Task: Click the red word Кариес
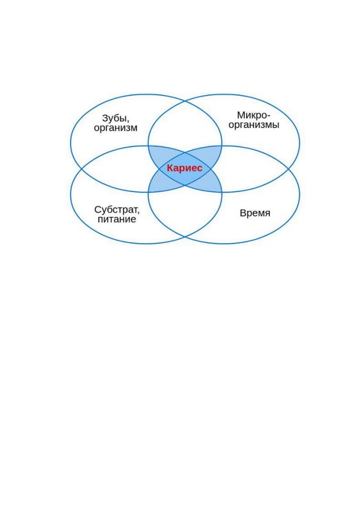(x=184, y=168)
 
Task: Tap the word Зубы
(x=115, y=118)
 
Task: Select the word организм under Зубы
(x=116, y=128)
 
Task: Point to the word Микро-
(x=254, y=115)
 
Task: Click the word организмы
(x=254, y=124)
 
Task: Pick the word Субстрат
(x=117, y=210)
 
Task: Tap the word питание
(x=117, y=219)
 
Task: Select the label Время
(x=255, y=213)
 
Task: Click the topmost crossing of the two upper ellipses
(x=185, y=101)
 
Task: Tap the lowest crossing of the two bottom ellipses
(x=185, y=237)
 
